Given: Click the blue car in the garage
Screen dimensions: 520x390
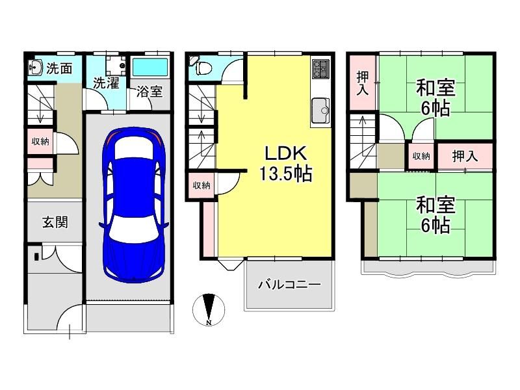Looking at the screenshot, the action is point(134,205).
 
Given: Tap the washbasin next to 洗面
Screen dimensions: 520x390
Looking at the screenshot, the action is point(36,68).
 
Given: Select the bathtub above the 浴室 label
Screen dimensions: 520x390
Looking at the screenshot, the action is point(150,68).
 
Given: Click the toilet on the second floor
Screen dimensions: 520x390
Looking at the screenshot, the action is point(202,69).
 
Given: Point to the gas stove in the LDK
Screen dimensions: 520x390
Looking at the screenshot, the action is point(320,70).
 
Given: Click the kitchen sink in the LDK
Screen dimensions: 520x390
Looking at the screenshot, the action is point(320,110).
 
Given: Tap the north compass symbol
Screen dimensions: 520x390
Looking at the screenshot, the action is point(209,309).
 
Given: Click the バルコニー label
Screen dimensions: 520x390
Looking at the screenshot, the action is point(289,285).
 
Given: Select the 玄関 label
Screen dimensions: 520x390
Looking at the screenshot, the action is point(55,222).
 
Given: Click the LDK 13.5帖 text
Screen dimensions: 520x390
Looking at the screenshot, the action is point(285,164).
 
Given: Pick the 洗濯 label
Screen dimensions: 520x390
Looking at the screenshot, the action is point(106,83).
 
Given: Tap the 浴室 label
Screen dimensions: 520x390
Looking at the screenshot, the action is point(149,92).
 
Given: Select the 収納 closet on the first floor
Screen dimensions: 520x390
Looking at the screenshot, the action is point(40,142).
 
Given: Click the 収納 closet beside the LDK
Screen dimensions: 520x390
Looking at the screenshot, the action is point(201,185).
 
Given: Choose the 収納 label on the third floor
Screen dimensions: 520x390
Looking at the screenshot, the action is point(421,156).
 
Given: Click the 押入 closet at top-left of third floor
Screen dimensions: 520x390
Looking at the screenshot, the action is point(363,83).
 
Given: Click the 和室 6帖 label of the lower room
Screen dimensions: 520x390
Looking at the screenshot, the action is point(435,215).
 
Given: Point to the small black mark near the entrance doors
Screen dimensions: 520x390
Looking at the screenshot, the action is point(36,256).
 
